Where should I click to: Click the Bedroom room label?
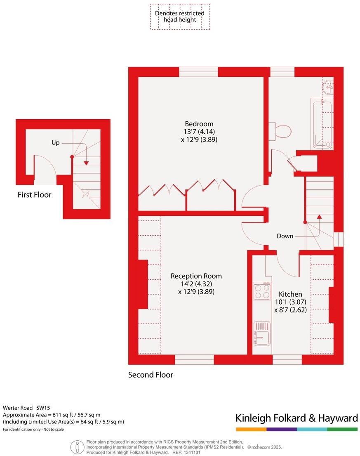click(199, 124)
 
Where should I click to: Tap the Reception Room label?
click(196, 276)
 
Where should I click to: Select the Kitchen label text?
click(290, 294)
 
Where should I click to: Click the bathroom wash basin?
click(328, 87)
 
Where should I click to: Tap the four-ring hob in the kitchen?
click(262, 291)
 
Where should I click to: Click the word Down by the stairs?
click(285, 236)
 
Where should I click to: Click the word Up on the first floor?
click(55, 143)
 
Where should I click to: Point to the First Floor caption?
click(34, 195)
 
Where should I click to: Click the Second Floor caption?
click(151, 375)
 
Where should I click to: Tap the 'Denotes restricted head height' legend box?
click(180, 17)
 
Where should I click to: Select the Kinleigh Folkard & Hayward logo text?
click(296, 418)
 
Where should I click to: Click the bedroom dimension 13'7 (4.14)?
click(199, 132)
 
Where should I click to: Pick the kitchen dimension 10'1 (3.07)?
click(290, 302)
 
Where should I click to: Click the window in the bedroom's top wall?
click(198, 72)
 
